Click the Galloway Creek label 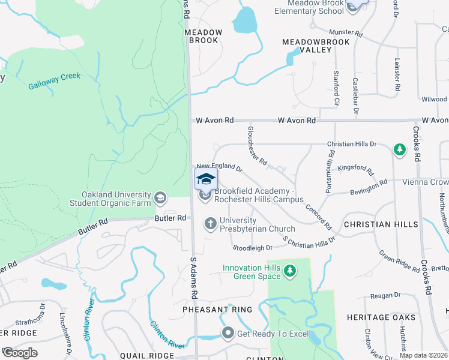click(55, 82)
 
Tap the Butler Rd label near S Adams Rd click(170, 218)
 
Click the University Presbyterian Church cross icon click(210, 223)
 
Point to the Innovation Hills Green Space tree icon click(291, 271)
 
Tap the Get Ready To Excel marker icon click(228, 333)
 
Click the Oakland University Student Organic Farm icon click(160, 197)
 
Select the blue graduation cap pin click(206, 179)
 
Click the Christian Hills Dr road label click(351, 144)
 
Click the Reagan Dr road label click(385, 295)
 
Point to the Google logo click(20, 353)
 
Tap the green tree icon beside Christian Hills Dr click(399, 149)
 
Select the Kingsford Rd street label click(354, 169)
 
